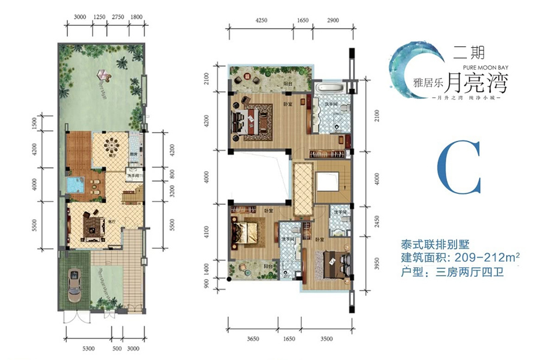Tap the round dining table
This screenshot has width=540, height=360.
point(112,145)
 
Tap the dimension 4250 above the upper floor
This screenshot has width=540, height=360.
point(261,20)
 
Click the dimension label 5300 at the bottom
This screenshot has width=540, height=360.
point(88,348)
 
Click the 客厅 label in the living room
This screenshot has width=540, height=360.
point(110,221)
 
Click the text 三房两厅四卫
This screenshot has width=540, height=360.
point(465,273)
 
